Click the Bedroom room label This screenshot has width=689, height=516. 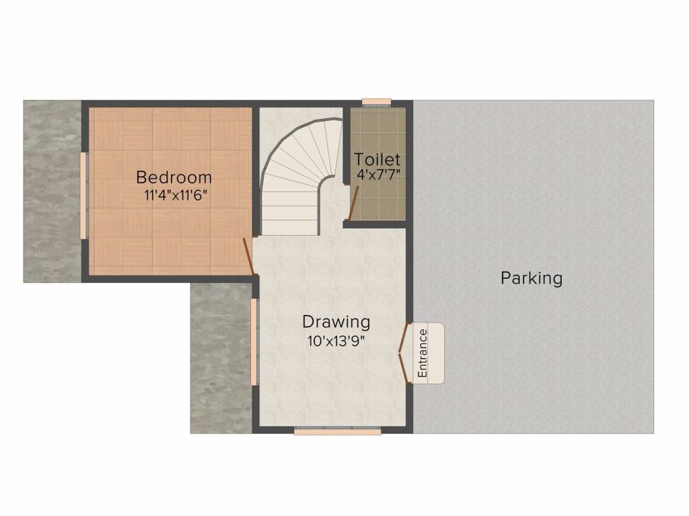[x=174, y=178]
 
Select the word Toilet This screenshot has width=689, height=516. [x=377, y=160]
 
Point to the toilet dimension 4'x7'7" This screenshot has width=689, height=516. [x=378, y=176]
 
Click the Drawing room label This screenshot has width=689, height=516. [x=336, y=321]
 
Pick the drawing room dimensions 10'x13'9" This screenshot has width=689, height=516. [x=336, y=340]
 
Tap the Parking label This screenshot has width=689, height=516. [x=531, y=277]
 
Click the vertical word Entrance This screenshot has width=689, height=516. [x=423, y=352]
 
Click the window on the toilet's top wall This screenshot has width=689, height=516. [x=377, y=103]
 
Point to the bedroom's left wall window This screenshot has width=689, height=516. [x=83, y=195]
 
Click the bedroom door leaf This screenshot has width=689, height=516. [x=248, y=256]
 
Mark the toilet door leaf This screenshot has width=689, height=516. [x=353, y=203]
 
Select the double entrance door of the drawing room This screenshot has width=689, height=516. [x=404, y=353]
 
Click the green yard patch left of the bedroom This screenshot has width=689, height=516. [x=52, y=191]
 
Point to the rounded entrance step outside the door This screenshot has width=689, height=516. [x=435, y=353]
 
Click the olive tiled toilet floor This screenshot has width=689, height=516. [x=378, y=202]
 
